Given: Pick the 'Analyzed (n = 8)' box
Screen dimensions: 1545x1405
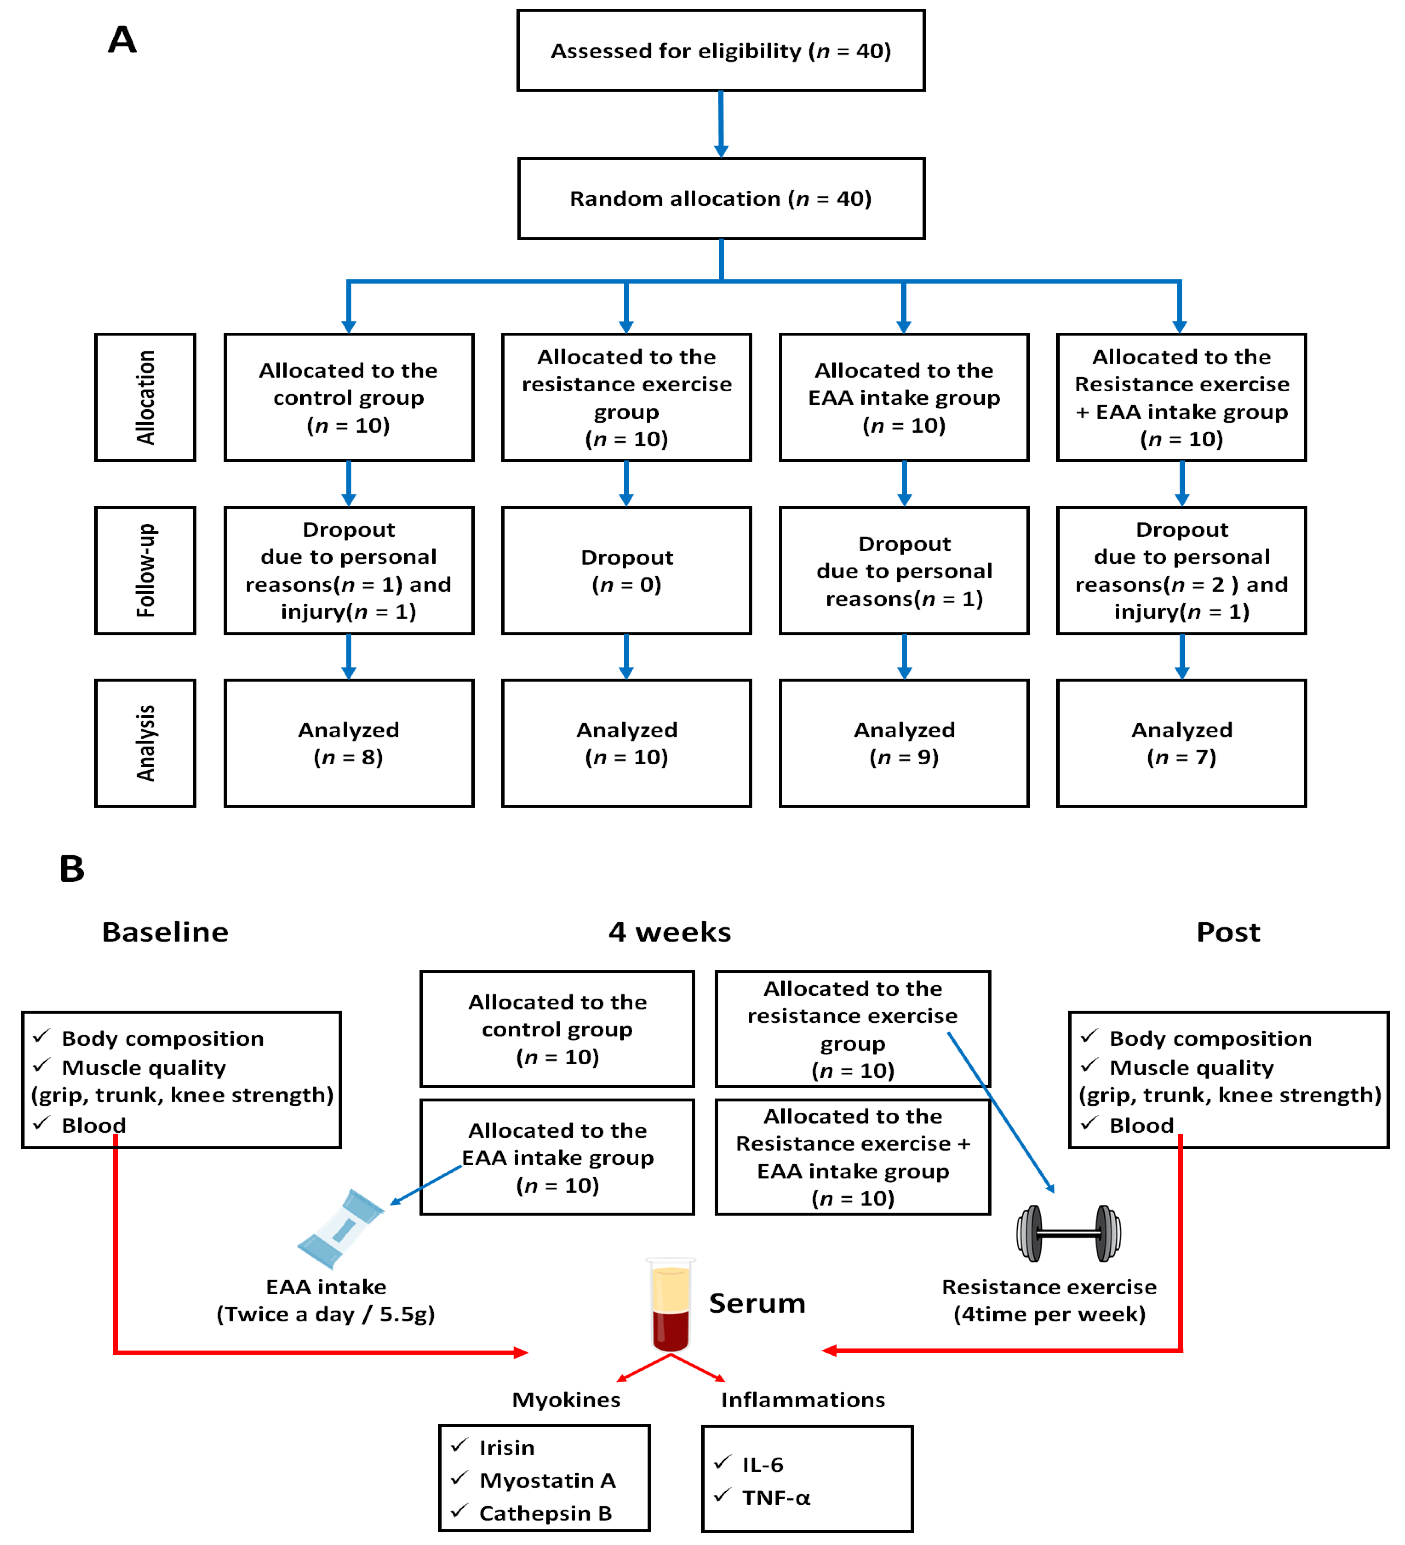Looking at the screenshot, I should [x=349, y=743].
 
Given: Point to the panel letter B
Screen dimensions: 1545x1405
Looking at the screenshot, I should [x=72, y=868].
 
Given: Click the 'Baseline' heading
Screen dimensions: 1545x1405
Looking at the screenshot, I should [x=165, y=932].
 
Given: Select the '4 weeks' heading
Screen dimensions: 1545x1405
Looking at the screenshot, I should [x=670, y=932].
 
